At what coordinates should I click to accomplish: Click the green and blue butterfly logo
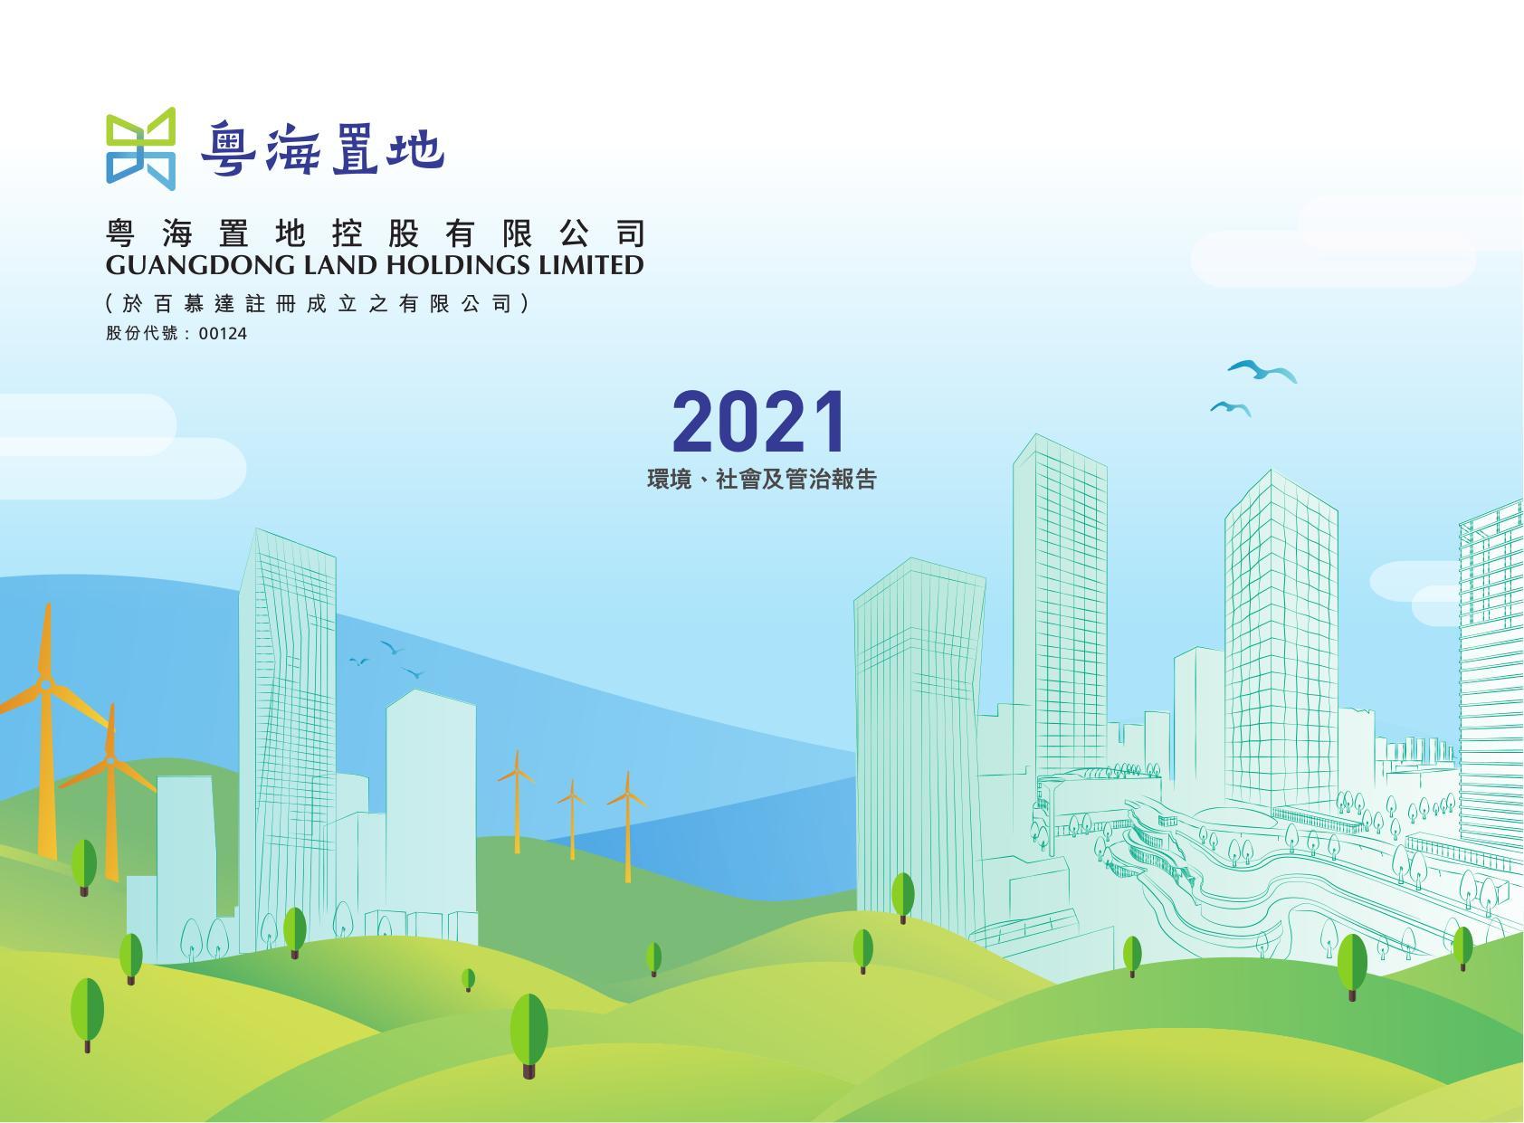pos(141,148)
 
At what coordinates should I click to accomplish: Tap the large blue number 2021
pos(759,422)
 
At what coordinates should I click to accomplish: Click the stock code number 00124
pos(223,334)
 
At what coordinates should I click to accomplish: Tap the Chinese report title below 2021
pos(761,480)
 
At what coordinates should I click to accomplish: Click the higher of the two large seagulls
pos(1262,371)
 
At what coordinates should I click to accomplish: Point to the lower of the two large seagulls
pos(1230,408)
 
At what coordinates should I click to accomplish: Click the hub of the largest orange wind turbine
pos(45,684)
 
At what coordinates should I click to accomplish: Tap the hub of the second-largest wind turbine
pos(110,760)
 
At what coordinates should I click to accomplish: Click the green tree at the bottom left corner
pos(87,1014)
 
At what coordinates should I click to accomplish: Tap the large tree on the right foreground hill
pos(1352,966)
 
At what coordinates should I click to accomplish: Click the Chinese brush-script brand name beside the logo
pos(322,149)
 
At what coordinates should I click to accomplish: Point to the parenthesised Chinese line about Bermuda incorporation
pos(317,303)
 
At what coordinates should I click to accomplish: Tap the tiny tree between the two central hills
pos(468,979)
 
